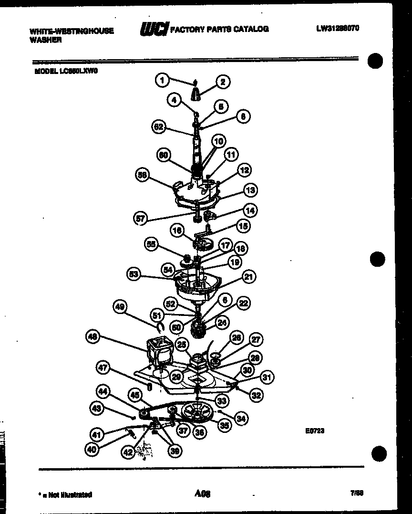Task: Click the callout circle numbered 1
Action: coord(163,80)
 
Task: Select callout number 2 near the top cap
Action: coord(222,82)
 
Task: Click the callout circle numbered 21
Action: coord(248,276)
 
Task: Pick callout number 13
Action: coord(250,190)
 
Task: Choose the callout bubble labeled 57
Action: coord(140,219)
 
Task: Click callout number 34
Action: coord(241,419)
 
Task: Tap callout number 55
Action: coord(152,244)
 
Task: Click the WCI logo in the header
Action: coord(154,30)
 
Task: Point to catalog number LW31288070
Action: coord(337,28)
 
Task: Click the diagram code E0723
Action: coord(315,430)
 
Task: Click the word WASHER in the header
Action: coord(46,41)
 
